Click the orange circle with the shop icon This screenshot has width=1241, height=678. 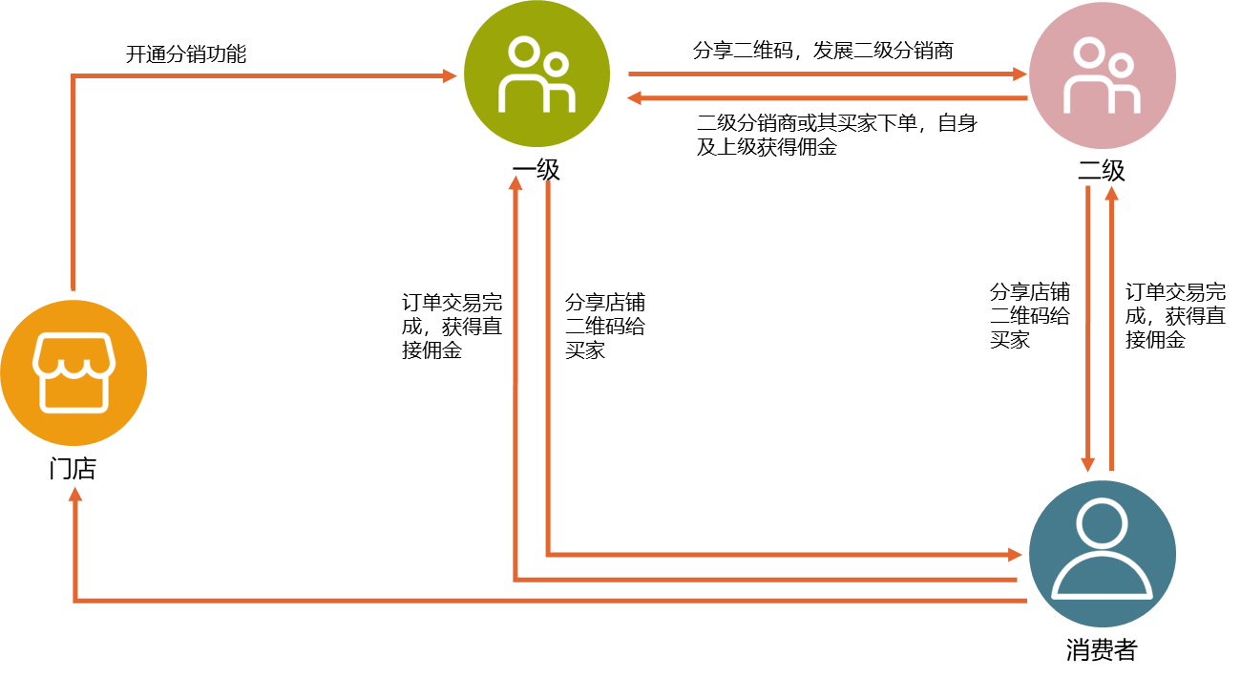coord(74,372)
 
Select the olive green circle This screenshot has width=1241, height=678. coord(536,74)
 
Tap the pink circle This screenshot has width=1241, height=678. coord(1102,75)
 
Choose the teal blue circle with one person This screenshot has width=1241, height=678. coord(1102,554)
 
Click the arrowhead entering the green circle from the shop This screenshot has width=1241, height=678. coord(451,75)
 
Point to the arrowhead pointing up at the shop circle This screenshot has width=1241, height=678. coord(75,494)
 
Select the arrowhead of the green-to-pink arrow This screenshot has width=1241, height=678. coord(1020,74)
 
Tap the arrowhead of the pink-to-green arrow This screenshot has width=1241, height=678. coord(633,97)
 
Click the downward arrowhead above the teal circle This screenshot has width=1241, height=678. coord(1088,464)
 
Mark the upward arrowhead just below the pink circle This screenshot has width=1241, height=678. coord(1111,192)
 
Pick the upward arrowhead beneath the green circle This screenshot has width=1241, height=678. coord(515,182)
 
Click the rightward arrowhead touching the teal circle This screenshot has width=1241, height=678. coord(1016,554)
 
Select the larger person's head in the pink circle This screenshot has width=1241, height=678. coord(1087,53)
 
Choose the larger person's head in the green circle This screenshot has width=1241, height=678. coord(522,52)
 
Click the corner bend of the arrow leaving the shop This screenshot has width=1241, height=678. coord(73,75)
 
